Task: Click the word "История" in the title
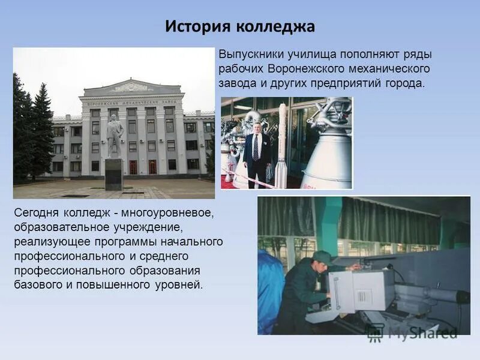tap(197, 27)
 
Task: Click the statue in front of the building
tap(113, 136)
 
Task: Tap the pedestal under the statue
tap(113, 174)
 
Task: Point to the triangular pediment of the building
tap(131, 88)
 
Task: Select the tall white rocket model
tap(281, 147)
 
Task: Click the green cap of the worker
tap(322, 257)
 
